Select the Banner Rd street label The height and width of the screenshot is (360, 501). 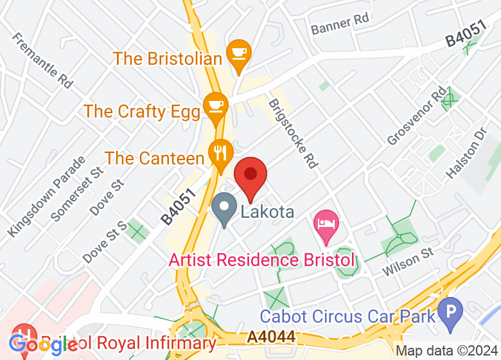coord(340,24)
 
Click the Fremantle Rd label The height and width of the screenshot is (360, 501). coord(42,60)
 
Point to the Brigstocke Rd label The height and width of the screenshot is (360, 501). coord(293,133)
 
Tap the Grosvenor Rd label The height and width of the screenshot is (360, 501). coord(416,117)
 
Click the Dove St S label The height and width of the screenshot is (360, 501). coord(105,241)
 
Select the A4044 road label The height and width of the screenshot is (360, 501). coord(272,336)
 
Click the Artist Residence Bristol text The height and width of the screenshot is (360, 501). coord(261,260)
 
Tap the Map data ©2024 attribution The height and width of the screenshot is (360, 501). coord(447,351)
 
